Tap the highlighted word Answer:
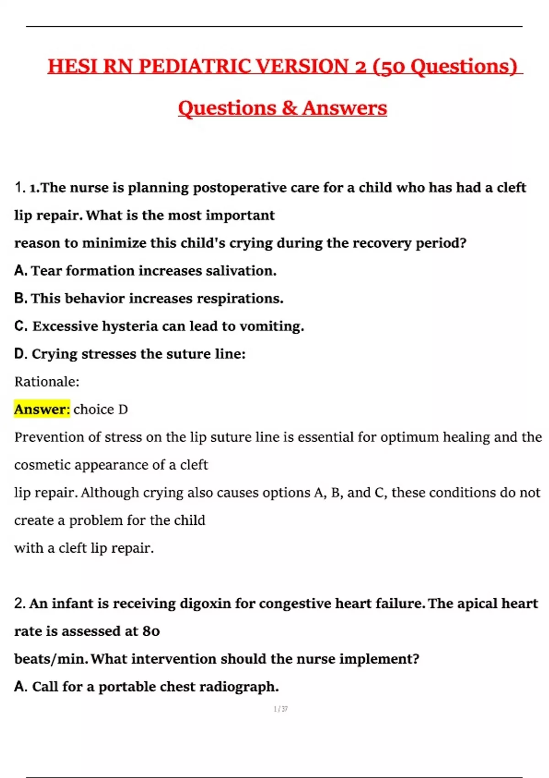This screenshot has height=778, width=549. (42, 409)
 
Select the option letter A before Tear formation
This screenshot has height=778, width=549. (21, 270)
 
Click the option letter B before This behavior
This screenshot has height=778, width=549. (21, 298)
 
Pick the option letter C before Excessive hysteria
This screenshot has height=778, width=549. (21, 326)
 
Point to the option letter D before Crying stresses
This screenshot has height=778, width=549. (21, 354)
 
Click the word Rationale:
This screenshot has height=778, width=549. (47, 382)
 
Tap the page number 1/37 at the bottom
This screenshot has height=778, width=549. (280, 709)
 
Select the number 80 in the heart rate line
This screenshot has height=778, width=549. (151, 632)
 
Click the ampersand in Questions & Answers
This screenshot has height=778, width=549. (289, 108)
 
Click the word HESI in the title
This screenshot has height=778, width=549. (73, 66)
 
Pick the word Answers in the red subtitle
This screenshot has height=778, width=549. (344, 108)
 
